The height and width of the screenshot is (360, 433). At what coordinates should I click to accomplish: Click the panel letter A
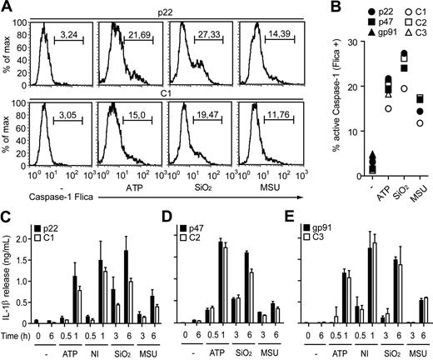tap(7, 7)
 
